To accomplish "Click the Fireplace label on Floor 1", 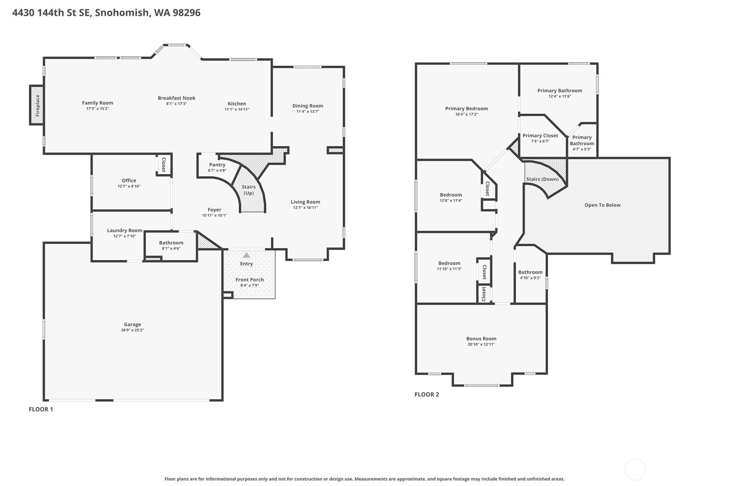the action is (x=37, y=105).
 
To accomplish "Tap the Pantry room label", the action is (x=217, y=165).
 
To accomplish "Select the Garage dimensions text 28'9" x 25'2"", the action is (x=132, y=330).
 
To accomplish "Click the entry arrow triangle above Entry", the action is (x=246, y=255).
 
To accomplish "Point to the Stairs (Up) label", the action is (x=249, y=190).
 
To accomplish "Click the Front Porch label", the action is (x=250, y=280).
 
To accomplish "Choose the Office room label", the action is (x=129, y=180).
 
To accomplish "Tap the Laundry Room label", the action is (x=125, y=230).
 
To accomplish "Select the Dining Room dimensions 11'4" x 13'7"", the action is (x=308, y=111).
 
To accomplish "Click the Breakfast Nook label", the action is (x=177, y=98).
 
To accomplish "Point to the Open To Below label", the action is (x=602, y=205).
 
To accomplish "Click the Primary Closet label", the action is (x=540, y=135).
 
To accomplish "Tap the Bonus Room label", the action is (x=481, y=339).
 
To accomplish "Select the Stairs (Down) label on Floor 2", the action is (x=542, y=179).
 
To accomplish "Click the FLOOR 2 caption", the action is (x=427, y=394).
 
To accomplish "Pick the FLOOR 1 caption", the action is (x=41, y=409).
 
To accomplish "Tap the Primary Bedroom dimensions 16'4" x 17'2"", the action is (x=467, y=114).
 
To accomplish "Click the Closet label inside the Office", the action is (x=164, y=165).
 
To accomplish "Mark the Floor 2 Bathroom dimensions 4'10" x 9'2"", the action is (x=530, y=278).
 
